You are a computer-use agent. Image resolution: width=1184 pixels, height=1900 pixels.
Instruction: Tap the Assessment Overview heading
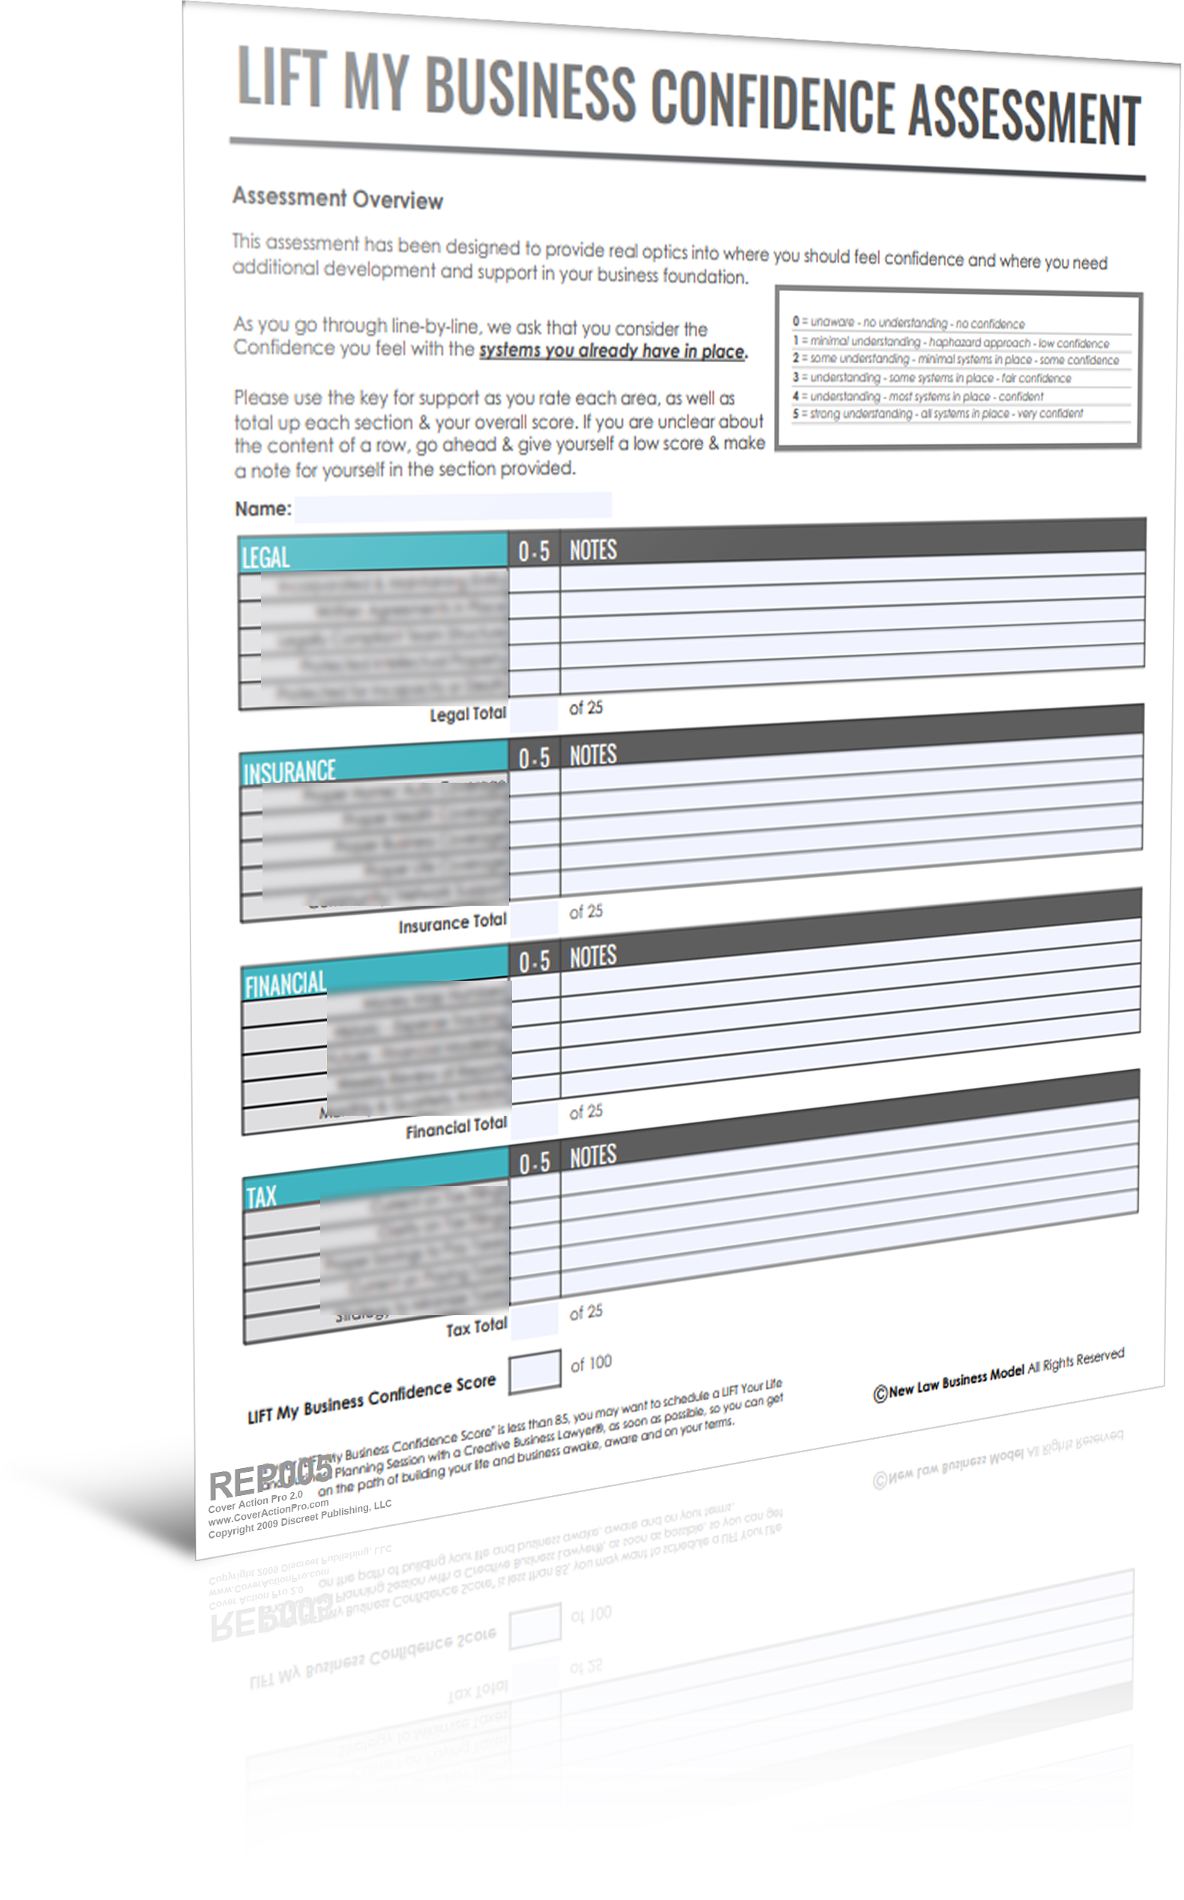[x=337, y=198]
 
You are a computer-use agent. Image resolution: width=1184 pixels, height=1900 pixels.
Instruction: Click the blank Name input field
[x=453, y=507]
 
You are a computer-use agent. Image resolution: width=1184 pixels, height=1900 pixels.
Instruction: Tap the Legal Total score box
[x=533, y=714]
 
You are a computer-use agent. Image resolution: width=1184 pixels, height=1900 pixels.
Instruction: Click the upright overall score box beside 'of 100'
[x=534, y=1371]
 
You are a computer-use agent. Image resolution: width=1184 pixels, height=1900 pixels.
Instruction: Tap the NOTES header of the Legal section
[x=593, y=550]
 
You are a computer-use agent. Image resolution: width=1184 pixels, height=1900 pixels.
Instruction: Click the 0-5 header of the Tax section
[x=535, y=1162]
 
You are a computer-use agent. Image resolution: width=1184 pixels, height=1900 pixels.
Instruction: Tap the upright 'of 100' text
[x=590, y=1364]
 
